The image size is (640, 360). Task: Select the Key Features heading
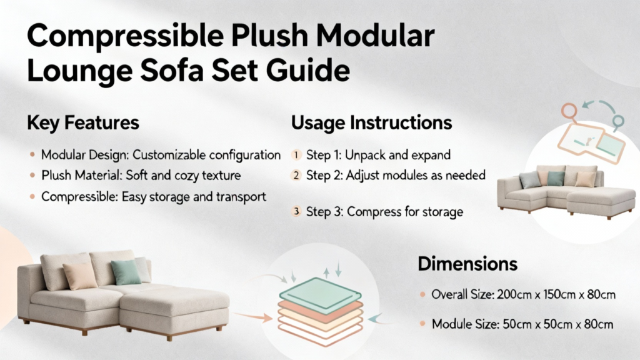[83, 123]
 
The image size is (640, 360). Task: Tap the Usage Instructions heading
[371, 123]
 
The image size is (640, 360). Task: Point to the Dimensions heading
[467, 264]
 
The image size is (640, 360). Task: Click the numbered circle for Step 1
[296, 155]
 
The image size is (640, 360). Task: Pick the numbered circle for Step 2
[296, 176]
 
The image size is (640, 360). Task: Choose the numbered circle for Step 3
[296, 211]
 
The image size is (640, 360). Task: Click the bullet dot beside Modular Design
[32, 155]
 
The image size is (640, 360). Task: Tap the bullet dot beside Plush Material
[32, 176]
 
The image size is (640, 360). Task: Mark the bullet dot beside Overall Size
[422, 294]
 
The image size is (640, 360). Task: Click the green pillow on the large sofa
[126, 272]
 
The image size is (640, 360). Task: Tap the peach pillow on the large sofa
[80, 276]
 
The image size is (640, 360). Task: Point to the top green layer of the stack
[321, 295]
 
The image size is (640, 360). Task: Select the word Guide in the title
[308, 71]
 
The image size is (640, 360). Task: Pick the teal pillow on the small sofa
[556, 178]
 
